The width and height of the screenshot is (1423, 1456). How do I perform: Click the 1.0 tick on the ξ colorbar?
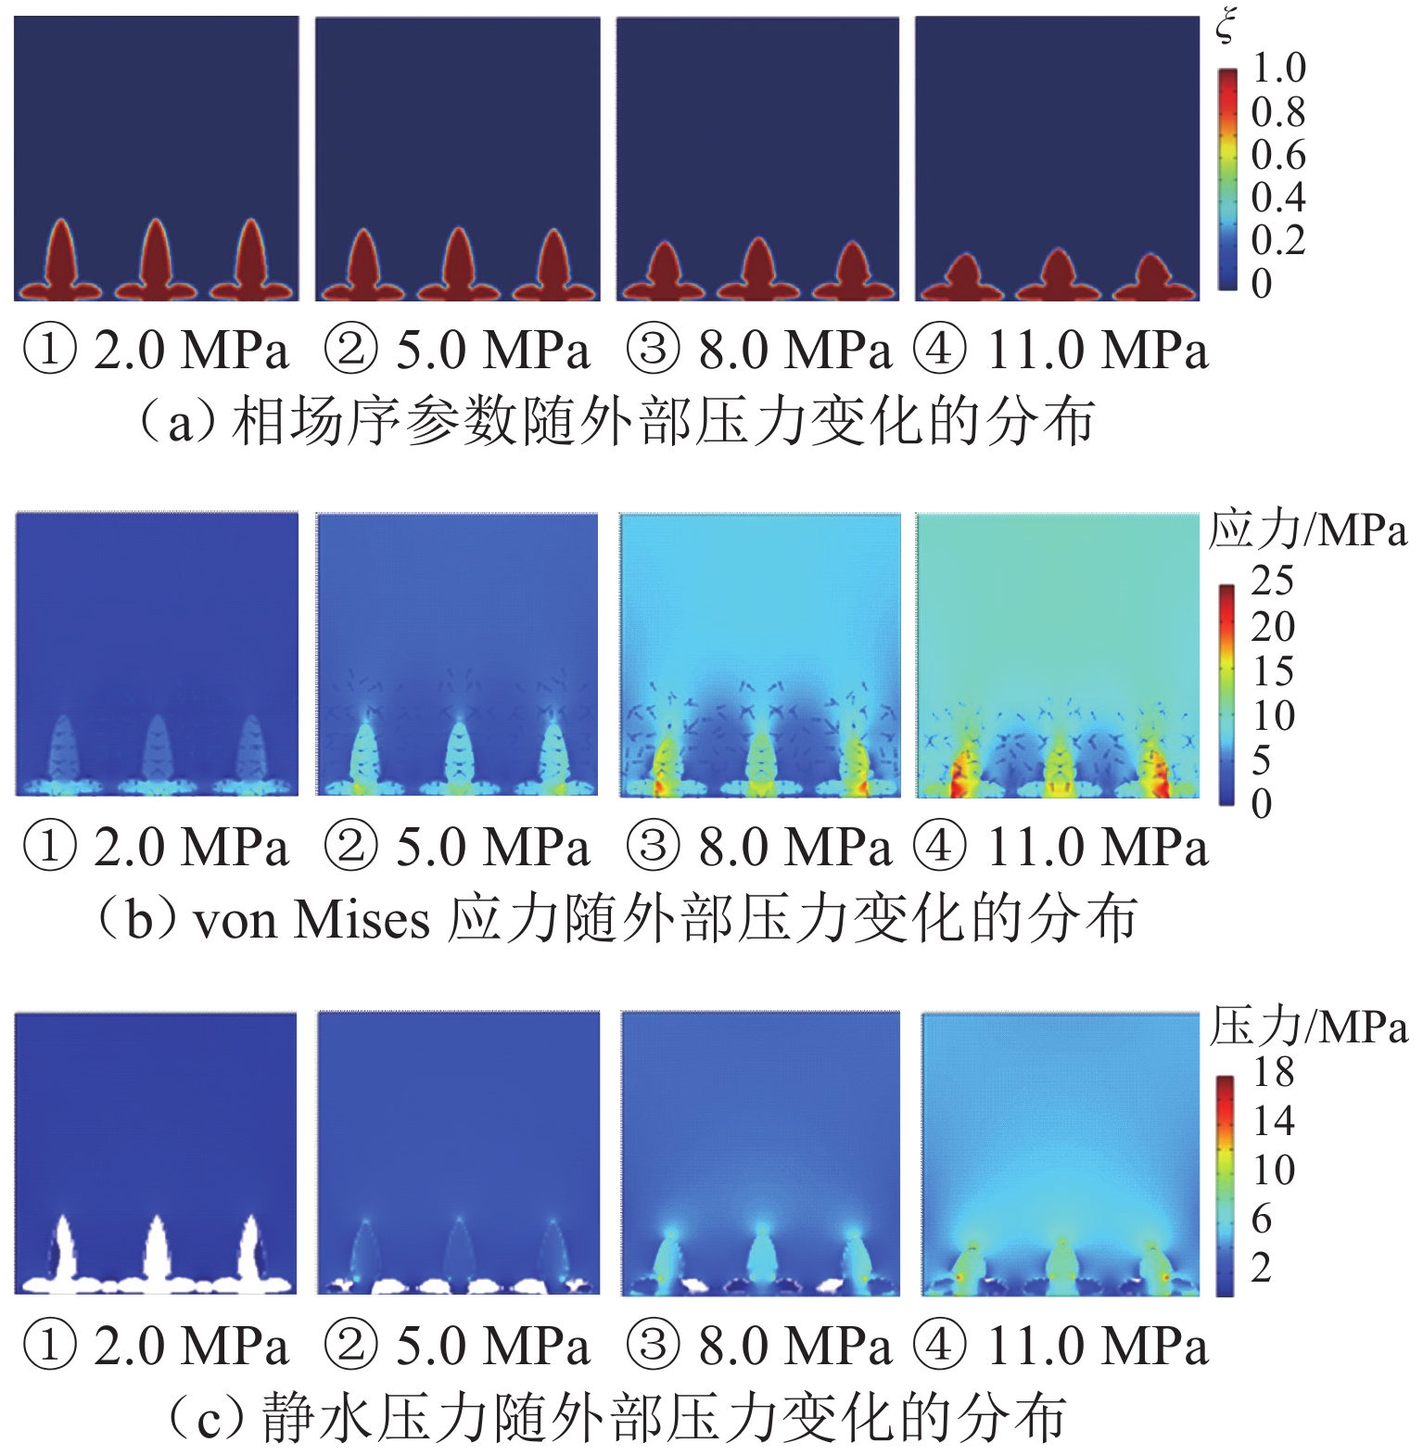tap(1278, 68)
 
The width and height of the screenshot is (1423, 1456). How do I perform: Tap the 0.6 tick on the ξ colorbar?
tap(1278, 154)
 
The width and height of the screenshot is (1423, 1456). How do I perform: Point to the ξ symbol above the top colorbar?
tap(1226, 29)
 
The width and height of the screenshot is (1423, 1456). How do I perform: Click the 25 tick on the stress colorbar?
tap(1272, 581)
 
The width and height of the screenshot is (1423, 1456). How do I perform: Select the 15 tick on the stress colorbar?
tap(1272, 671)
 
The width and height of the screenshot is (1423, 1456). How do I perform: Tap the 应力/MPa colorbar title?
tap(1307, 531)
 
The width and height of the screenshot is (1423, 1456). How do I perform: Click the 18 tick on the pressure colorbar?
tap(1273, 1073)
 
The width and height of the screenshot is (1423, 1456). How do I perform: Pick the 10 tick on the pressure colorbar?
tap(1273, 1170)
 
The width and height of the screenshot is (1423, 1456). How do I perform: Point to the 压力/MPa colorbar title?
tap(1307, 1028)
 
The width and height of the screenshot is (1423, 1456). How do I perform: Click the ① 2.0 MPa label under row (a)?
tap(156, 351)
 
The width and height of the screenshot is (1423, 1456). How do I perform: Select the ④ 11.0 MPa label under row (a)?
tap(1061, 351)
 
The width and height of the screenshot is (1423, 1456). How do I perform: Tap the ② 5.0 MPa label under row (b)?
tap(457, 848)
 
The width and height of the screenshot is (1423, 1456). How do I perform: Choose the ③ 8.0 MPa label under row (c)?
tap(758, 1346)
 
